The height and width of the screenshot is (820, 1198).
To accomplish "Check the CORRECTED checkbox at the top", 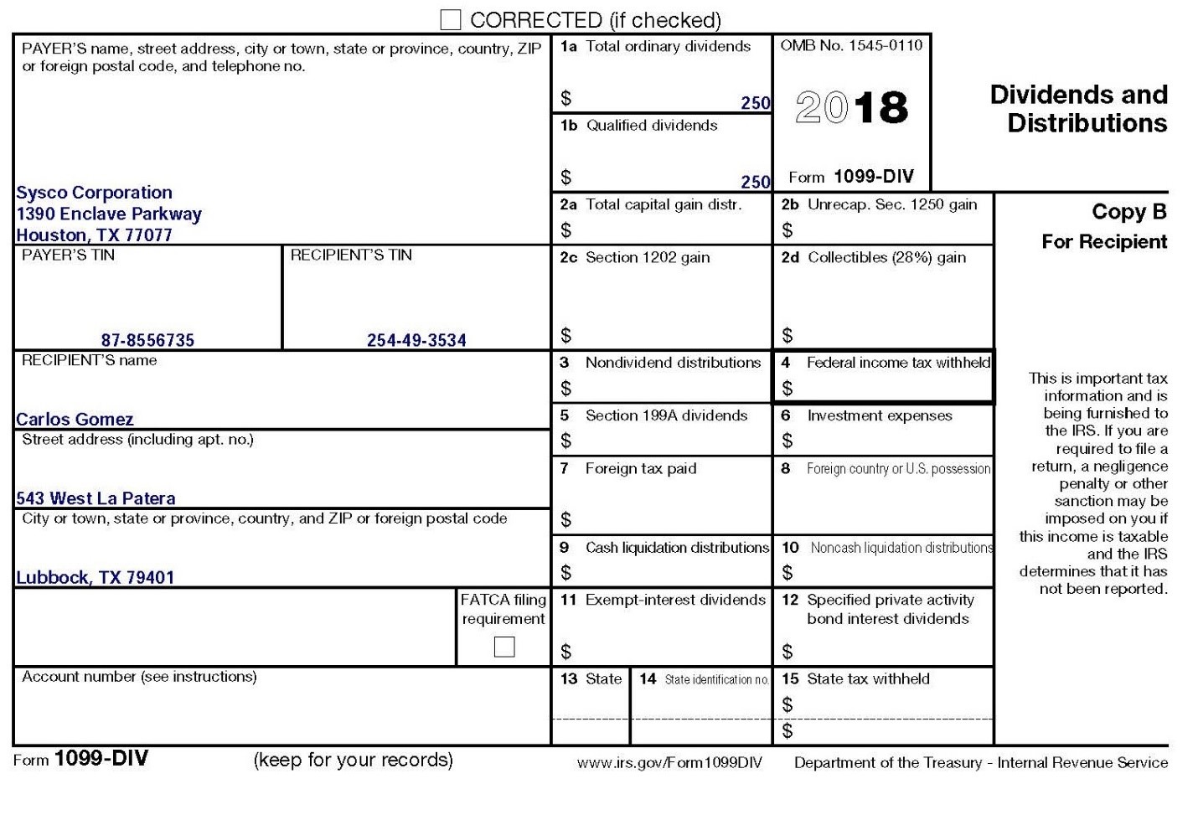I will point(451,19).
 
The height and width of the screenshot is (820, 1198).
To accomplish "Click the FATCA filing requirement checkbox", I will point(504,647).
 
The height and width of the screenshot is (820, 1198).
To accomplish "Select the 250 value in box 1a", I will point(755,103).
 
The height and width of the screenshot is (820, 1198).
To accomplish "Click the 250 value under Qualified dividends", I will point(755,182).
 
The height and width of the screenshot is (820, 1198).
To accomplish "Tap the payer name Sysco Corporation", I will point(95,193).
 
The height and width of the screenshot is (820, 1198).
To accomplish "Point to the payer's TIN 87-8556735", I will point(147,340).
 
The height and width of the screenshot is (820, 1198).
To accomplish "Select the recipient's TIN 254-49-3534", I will point(416,340).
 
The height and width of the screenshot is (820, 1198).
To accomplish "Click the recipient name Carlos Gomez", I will point(75,419).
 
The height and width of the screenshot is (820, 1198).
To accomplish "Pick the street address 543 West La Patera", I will point(96,498).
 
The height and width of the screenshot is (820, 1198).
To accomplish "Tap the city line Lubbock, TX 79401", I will point(96,577).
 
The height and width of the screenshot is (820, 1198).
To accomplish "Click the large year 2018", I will point(851,108).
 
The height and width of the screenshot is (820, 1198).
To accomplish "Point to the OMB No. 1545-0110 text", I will point(851,45).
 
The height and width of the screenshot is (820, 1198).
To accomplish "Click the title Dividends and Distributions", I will point(1079,109).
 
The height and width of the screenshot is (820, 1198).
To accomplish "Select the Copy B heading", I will point(1128,212).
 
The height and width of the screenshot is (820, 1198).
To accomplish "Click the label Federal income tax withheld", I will point(897,363).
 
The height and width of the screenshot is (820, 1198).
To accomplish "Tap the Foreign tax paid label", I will point(640,468).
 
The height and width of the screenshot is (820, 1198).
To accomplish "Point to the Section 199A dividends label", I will point(665,415).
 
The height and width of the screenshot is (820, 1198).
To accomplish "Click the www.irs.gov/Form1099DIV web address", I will point(669,762).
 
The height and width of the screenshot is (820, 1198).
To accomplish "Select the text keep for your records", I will point(353,760).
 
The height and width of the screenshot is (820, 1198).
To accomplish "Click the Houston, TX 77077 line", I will point(95,235).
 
